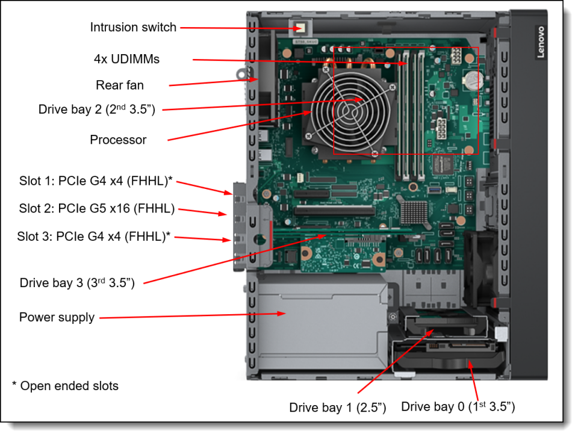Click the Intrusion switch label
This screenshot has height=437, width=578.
click(133, 27)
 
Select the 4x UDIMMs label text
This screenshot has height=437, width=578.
click(126, 59)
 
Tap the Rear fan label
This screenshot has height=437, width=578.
click(120, 85)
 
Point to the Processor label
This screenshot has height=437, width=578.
click(118, 140)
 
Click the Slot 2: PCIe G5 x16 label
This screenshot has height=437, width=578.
click(97, 209)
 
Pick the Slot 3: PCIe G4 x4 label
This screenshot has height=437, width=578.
click(94, 237)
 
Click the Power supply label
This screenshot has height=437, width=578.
click(57, 317)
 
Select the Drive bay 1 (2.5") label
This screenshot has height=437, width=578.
click(337, 408)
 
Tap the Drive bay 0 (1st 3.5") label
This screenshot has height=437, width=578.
click(458, 407)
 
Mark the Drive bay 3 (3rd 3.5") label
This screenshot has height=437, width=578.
click(77, 283)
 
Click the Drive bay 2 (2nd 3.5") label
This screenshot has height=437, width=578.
click(97, 110)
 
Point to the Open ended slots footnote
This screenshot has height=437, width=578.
click(65, 386)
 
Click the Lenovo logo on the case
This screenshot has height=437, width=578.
click(540, 42)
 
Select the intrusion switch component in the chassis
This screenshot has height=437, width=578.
click(299, 28)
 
